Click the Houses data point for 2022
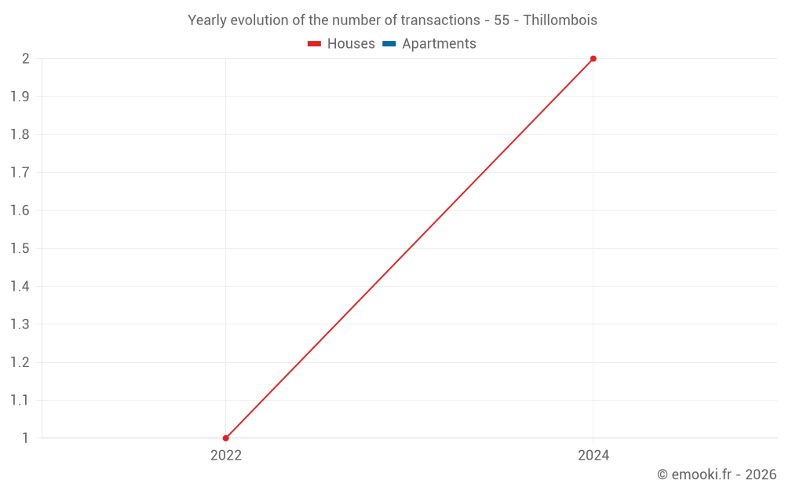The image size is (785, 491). [226, 438]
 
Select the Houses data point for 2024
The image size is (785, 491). [593, 59]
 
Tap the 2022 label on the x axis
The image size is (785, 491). [226, 456]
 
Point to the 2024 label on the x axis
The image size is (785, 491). [593, 456]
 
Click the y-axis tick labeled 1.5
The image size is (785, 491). [20, 248]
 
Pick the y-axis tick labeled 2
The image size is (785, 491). [25, 59]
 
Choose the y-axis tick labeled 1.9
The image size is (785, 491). [20, 97]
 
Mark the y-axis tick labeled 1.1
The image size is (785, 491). [20, 401]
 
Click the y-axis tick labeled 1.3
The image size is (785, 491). [20, 324]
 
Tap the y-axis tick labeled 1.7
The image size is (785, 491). [20, 173]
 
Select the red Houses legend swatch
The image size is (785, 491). [314, 44]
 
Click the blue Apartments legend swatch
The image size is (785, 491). [389, 44]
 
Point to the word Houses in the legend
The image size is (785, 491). [351, 44]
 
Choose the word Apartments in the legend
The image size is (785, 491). [439, 44]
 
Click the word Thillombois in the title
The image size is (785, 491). [560, 20]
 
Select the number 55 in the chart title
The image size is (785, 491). [502, 20]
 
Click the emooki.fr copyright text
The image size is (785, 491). [716, 475]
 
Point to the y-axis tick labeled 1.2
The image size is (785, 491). [20, 362]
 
